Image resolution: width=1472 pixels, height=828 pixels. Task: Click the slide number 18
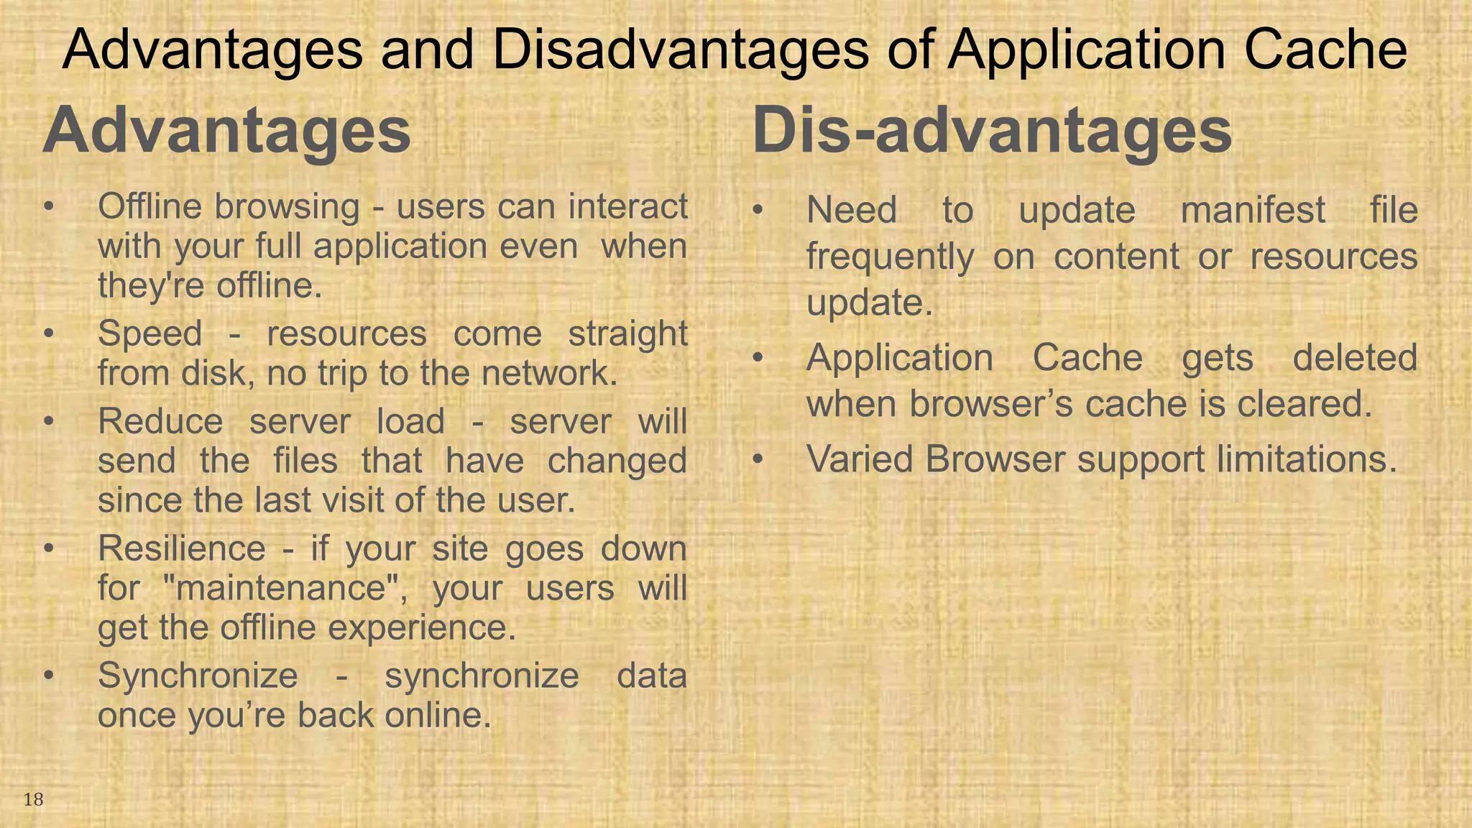tap(33, 799)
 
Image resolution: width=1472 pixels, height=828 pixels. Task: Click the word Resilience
tap(182, 549)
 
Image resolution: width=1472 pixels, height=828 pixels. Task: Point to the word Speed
tap(149, 334)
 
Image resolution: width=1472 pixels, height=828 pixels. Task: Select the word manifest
tap(1253, 211)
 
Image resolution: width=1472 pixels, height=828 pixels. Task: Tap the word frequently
tap(890, 257)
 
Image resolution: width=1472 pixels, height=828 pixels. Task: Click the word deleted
tap(1355, 358)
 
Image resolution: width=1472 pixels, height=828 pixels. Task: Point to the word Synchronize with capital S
tap(198, 676)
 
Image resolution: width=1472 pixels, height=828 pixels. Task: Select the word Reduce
tap(160, 422)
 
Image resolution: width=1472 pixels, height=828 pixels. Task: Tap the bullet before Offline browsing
tap(48, 207)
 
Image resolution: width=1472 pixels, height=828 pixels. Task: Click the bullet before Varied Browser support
tap(757, 459)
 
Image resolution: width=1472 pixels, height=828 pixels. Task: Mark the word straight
tap(627, 334)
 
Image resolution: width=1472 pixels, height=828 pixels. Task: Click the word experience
tap(422, 628)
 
